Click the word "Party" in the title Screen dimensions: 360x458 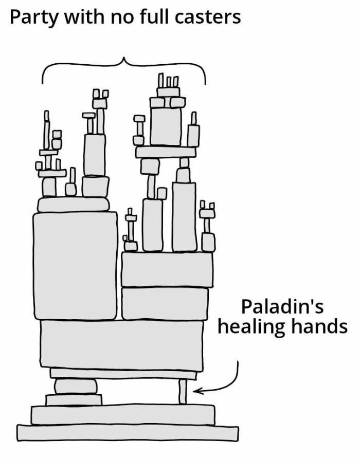[x=34, y=17]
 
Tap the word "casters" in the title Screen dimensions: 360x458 [x=208, y=17]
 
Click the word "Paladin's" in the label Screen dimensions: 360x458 [x=282, y=307]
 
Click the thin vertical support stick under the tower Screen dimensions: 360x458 [x=183, y=391]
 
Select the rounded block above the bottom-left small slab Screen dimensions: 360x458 [x=76, y=386]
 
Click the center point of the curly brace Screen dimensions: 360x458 [x=124, y=59]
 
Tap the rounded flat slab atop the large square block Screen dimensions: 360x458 [x=74, y=204]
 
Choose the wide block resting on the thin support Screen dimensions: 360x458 [x=122, y=345]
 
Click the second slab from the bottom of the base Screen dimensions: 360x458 [x=123, y=414]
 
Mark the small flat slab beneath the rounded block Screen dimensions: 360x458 [x=74, y=399]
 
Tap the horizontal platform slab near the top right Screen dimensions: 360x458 [x=166, y=152]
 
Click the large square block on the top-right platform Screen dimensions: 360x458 [x=166, y=126]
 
